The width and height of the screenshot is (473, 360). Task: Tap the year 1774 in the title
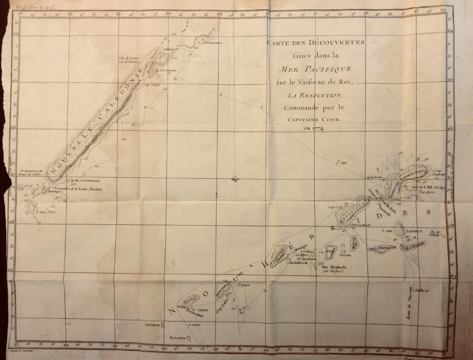click(x=315, y=128)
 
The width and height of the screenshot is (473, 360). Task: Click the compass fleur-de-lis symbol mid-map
click(x=234, y=178)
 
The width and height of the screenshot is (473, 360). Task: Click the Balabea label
click(x=168, y=50)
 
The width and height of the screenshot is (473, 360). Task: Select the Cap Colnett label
click(x=154, y=85)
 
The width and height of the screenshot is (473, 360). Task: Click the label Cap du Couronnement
click(x=84, y=181)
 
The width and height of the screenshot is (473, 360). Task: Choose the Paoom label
click(x=345, y=255)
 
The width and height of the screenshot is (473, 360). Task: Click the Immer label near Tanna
click(x=203, y=310)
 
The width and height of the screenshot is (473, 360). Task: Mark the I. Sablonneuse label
click(x=212, y=43)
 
